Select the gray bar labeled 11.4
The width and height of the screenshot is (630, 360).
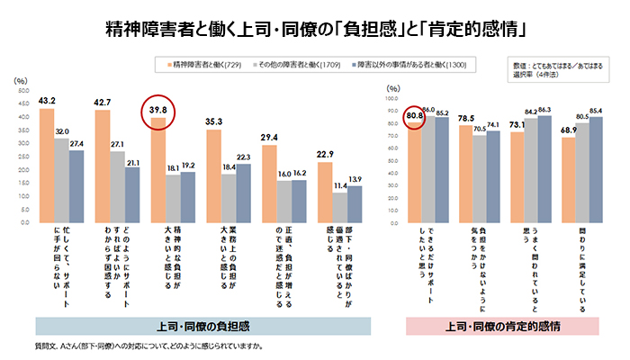[x=339, y=207]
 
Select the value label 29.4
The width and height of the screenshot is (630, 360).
[x=269, y=137]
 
